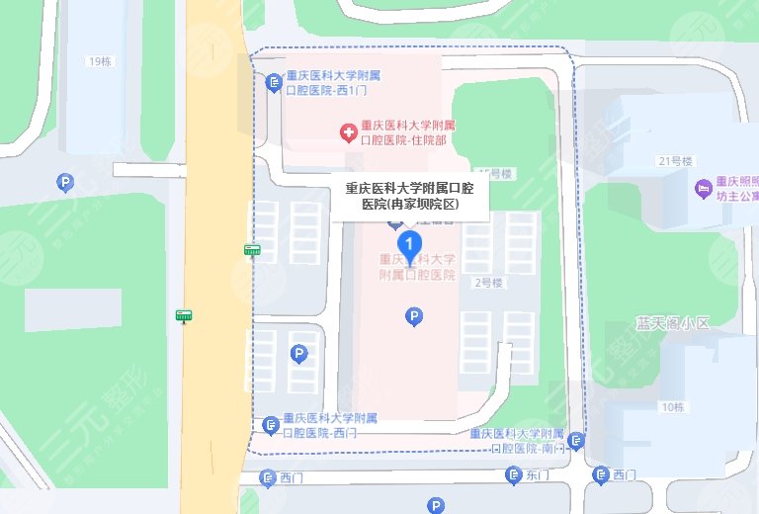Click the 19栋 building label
pos(100,61)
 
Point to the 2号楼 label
pos(488,283)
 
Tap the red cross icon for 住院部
pos(348,132)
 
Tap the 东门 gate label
pos(538,475)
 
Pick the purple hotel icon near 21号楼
pos(703,187)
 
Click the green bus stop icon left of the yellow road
pos(184,315)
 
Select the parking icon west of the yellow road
pos(65,183)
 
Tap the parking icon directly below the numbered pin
pos(415,316)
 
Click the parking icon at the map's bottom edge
pos(436,506)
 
